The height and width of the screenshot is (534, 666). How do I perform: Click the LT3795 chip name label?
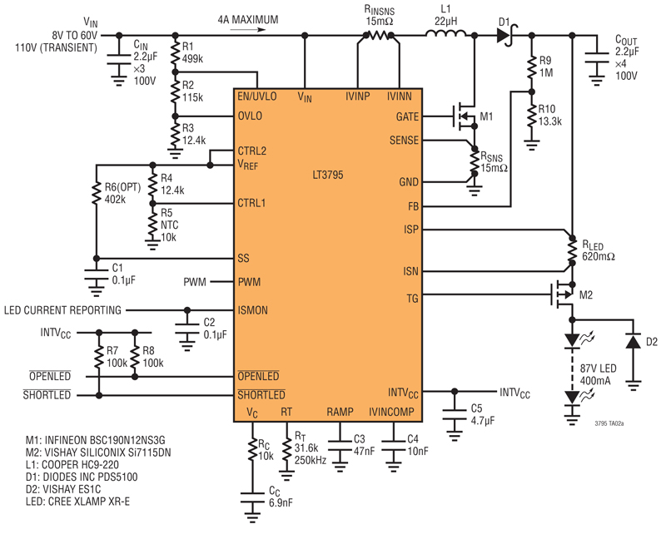pyautogui.click(x=327, y=175)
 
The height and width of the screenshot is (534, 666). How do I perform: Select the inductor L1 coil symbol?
pyautogui.click(x=445, y=33)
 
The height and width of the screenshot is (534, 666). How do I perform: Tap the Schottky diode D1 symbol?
pyautogui.click(x=505, y=36)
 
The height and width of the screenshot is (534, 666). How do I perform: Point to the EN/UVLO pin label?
pyautogui.click(x=257, y=96)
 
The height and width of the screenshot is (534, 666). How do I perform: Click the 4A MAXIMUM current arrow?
pyautogui.click(x=248, y=30)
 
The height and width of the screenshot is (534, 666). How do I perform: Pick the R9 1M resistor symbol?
pyautogui.click(x=531, y=67)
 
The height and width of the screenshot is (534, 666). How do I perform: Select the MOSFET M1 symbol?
pyautogui.click(x=465, y=116)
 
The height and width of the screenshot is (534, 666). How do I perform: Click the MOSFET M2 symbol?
pyautogui.click(x=563, y=294)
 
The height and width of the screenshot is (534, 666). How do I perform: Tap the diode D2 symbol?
pyautogui.click(x=634, y=341)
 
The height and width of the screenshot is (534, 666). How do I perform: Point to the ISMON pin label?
pyautogui.click(x=252, y=311)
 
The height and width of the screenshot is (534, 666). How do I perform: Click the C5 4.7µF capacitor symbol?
pyautogui.click(x=455, y=415)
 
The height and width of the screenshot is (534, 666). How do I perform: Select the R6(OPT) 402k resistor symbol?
pyautogui.click(x=97, y=194)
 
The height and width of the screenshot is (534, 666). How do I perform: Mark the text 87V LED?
pyautogui.click(x=598, y=368)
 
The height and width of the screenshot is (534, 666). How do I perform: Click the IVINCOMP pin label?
pyautogui.click(x=391, y=412)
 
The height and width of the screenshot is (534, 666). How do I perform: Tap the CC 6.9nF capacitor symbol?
pyautogui.click(x=252, y=498)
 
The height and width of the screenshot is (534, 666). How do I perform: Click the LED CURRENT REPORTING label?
pyautogui.click(x=62, y=310)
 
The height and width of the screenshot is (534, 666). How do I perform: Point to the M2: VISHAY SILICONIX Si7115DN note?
pyautogui.click(x=98, y=452)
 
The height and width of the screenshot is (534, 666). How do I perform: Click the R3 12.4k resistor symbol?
pyautogui.click(x=175, y=134)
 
